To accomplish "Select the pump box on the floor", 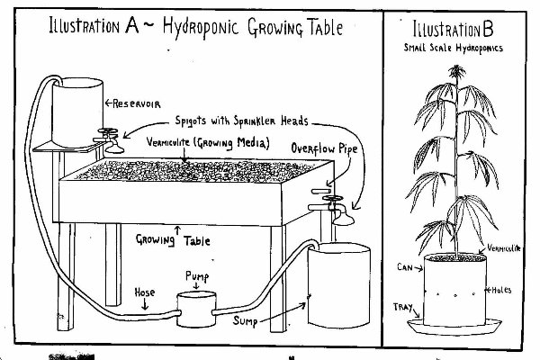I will tap(196, 308).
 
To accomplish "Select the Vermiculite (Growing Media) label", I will tap(211, 142).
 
